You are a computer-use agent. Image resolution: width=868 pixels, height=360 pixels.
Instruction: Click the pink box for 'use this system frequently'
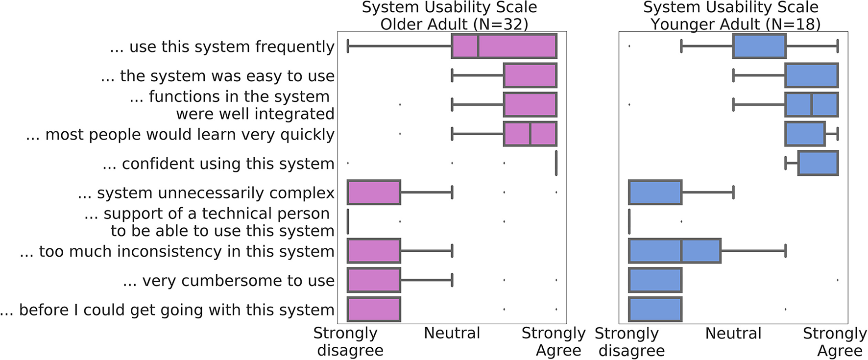[x=504, y=46]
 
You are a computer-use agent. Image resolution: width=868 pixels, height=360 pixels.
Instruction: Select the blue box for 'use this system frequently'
[x=759, y=46]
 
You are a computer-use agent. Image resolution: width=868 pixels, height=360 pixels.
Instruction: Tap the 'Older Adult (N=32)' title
[x=454, y=24]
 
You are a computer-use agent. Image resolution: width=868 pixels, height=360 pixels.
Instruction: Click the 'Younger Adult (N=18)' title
[x=735, y=24]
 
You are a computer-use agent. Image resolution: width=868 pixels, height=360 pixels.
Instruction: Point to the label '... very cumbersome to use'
[x=228, y=281]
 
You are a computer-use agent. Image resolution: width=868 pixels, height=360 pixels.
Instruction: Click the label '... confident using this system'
[x=218, y=164]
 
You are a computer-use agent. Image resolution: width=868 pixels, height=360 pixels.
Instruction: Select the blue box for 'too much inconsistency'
[x=675, y=251]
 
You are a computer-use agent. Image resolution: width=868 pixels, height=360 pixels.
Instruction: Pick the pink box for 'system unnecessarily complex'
[x=374, y=192]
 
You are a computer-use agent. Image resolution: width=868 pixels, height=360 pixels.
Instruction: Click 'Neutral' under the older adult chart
[x=452, y=333]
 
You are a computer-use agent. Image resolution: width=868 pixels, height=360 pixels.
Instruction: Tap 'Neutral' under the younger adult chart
[x=733, y=333]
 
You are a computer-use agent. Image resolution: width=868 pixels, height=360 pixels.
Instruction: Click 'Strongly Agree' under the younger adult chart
[x=835, y=341]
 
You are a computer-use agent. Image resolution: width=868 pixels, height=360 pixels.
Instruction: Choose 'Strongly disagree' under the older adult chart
[x=348, y=341]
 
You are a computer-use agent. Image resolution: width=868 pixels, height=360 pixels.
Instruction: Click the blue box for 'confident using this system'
[x=818, y=163]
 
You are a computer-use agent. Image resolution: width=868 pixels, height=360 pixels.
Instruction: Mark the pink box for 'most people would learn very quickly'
[x=530, y=134]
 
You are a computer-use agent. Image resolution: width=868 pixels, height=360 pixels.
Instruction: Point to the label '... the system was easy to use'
[x=217, y=76]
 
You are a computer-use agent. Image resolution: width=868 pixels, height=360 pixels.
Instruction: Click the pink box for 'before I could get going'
[x=374, y=310]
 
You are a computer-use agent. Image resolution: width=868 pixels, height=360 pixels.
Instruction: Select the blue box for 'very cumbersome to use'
[x=655, y=280]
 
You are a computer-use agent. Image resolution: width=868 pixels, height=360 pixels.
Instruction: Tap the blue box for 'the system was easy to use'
[x=811, y=75]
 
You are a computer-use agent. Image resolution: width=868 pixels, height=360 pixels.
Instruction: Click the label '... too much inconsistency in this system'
[x=177, y=251]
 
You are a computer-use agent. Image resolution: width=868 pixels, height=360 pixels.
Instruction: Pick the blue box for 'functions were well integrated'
[x=811, y=104]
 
